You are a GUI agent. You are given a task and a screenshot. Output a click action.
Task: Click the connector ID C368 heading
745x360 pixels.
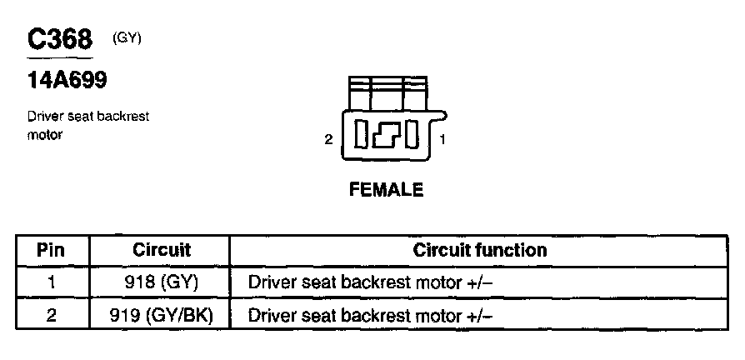coord(59,39)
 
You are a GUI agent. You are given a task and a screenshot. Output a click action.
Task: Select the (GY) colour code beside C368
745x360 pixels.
coord(127,38)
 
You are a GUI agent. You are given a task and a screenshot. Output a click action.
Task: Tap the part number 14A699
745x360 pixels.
coord(67,81)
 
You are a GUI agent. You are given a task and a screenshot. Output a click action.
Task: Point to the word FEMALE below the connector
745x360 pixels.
coord(386,190)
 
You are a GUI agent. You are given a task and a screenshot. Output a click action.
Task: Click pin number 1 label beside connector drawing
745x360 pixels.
coord(442,140)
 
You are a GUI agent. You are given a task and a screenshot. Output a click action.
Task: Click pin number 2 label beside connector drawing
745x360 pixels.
coord(329,140)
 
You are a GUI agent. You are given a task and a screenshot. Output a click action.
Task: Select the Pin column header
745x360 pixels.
coord(52,250)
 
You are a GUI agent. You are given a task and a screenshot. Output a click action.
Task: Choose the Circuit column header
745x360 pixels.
coord(162,250)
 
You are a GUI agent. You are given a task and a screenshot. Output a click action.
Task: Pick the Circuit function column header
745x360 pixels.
coord(480,250)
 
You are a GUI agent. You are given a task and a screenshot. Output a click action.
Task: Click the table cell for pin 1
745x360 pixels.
coord(52,282)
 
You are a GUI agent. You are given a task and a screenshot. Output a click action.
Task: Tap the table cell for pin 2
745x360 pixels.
coord(52,316)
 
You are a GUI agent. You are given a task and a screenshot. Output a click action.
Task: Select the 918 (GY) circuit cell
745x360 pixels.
coord(162,282)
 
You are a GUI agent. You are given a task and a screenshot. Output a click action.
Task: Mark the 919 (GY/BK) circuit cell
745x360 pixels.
coord(162,316)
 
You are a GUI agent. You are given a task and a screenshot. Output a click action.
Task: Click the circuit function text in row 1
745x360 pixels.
coord(371,282)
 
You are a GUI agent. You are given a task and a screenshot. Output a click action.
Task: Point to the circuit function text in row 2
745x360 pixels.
coord(371,316)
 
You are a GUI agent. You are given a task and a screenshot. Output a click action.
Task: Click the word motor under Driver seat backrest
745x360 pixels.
coord(45,134)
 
